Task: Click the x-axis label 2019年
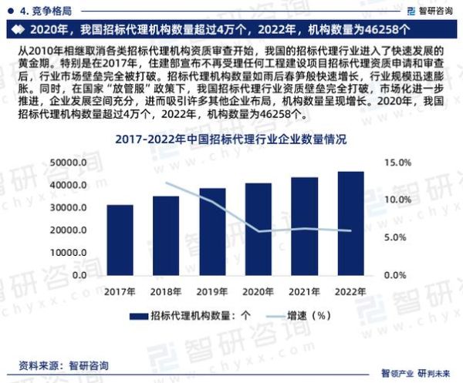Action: [x=211, y=291]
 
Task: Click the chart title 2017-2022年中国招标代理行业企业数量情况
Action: [x=231, y=140]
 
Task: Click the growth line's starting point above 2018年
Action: [x=166, y=183]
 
